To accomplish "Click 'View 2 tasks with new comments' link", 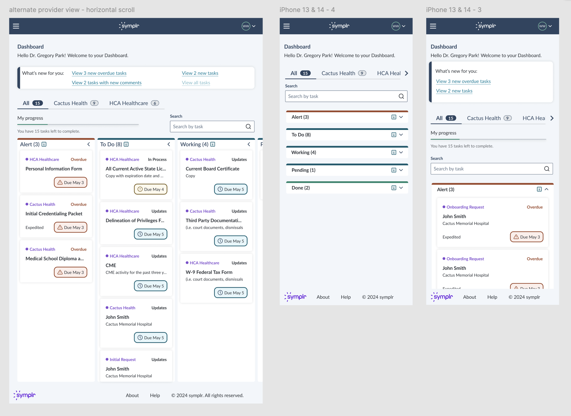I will (x=107, y=83).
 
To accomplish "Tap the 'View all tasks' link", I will (x=196, y=83).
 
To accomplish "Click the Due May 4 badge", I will (x=151, y=189).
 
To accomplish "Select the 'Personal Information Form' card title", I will (x=54, y=169).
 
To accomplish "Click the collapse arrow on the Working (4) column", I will (x=249, y=144).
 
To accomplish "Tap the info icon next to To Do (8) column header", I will (x=126, y=144).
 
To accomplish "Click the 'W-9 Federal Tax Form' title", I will (x=209, y=272).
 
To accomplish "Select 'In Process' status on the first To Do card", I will (x=157, y=160).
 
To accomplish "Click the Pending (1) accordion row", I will (x=347, y=170).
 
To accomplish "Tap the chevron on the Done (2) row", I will (x=401, y=188).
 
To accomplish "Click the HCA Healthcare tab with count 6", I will (x=134, y=103).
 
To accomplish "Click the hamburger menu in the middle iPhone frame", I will (x=286, y=26).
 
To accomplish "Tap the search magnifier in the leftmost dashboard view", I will (x=248, y=126).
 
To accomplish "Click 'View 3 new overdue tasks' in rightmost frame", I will (x=463, y=81).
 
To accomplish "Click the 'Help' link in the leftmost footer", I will (x=155, y=395).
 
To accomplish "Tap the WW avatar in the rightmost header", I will (x=542, y=26).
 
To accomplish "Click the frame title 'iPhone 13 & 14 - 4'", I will (x=307, y=10).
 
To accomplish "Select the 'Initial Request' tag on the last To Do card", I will (x=122, y=360).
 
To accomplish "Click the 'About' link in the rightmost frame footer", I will (x=469, y=297).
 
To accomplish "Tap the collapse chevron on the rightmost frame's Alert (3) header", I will (x=547, y=190).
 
